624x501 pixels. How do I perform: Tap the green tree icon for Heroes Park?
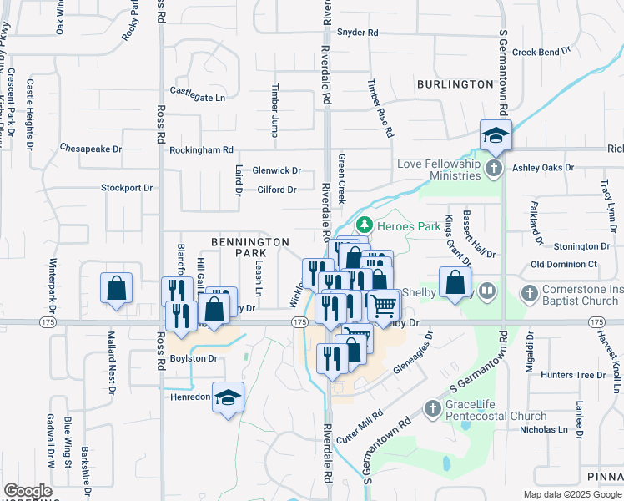point(364,225)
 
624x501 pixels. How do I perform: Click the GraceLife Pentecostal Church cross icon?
point(432,409)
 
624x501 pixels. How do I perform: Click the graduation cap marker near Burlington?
point(496,136)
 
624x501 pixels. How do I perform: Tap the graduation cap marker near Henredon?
point(227,398)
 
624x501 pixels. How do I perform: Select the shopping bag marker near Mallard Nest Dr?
point(117,288)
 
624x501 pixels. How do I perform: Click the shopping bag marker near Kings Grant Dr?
point(456,282)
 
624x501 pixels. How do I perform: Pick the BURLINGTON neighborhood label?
point(455,84)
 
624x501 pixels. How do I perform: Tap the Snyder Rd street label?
point(357,33)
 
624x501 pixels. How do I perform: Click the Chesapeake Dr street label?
point(91,148)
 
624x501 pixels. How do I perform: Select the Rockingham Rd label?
point(201,150)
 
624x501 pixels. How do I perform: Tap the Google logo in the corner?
point(28,491)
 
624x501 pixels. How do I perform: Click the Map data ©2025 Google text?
point(571,494)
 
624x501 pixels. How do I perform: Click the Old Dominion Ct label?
point(565,264)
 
